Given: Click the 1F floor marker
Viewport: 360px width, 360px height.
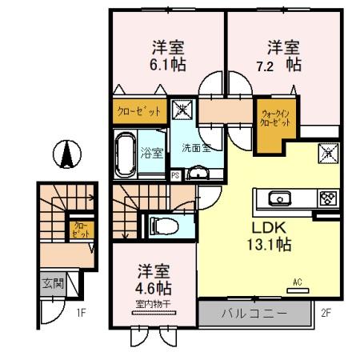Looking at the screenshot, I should pos(82,313).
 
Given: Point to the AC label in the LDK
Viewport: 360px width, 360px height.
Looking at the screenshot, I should pos(297,282).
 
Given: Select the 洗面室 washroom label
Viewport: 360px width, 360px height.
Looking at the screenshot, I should pos(194,149).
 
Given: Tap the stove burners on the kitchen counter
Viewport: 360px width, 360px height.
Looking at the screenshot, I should pos(326,198).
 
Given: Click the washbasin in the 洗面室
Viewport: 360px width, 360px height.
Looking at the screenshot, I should pos(196,172).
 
